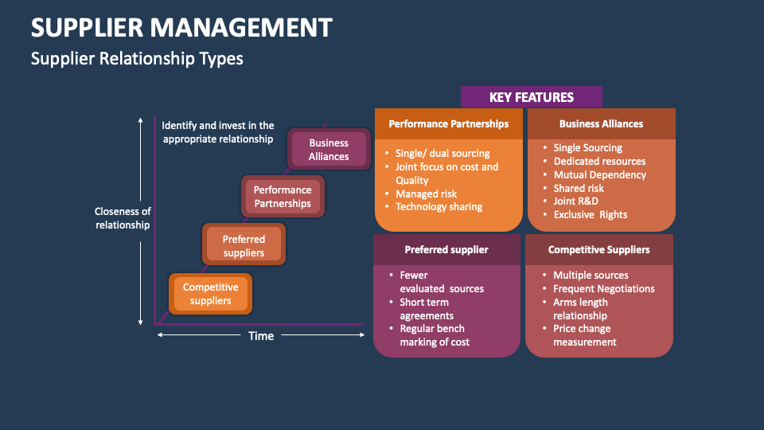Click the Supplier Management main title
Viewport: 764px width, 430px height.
pyautogui.click(x=181, y=28)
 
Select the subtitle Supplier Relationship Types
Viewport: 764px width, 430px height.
pyautogui.click(x=137, y=58)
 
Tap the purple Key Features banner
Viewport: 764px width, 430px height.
pyautogui.click(x=531, y=97)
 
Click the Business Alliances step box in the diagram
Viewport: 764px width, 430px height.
pyautogui.click(x=329, y=150)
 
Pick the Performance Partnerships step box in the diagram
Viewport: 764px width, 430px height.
pyautogui.click(x=283, y=197)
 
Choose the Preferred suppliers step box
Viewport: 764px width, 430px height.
pyautogui.click(x=244, y=245)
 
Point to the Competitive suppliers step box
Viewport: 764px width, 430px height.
pyautogui.click(x=211, y=294)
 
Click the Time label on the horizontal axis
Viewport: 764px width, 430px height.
pyautogui.click(x=261, y=336)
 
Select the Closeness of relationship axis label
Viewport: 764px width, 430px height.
pyautogui.click(x=123, y=218)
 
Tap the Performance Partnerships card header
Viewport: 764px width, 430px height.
pyautogui.click(x=448, y=124)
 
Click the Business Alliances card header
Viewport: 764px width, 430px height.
pyautogui.click(x=601, y=124)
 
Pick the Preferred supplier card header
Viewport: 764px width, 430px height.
pyautogui.click(x=446, y=249)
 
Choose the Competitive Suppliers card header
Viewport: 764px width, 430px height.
pyautogui.click(x=598, y=249)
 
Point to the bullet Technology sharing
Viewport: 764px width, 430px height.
pyautogui.click(x=439, y=207)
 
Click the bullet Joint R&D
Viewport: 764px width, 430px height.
pyautogui.click(x=575, y=201)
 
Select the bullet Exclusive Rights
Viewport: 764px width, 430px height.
pyautogui.click(x=590, y=215)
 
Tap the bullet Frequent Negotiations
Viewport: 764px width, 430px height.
pyautogui.click(x=603, y=289)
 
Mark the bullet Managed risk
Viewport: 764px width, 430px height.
pyautogui.click(x=426, y=193)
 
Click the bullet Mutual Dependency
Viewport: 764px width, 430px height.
pyautogui.click(x=599, y=174)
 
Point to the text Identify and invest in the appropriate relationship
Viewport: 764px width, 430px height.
pyautogui.click(x=217, y=132)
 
